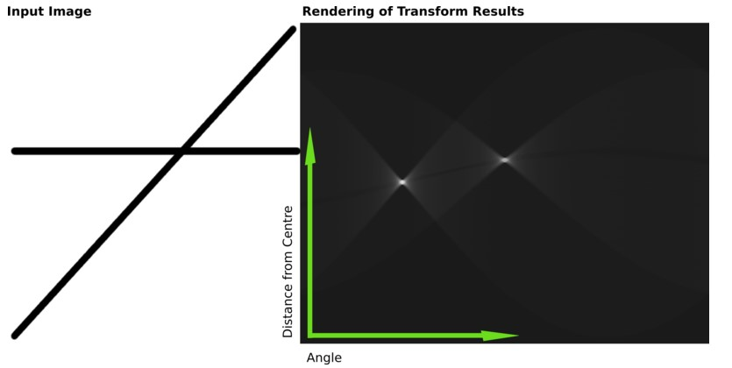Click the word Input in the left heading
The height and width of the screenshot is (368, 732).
(25, 11)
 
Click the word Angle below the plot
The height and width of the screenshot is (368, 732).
(323, 357)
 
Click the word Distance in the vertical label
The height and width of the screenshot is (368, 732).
(288, 310)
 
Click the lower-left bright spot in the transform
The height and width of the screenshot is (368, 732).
(402, 182)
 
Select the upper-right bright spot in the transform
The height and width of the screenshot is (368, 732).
(505, 159)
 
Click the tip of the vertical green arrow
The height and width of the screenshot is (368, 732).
(310, 129)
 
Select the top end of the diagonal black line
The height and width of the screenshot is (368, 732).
(292, 31)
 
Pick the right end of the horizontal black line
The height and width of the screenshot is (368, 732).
(296, 152)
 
